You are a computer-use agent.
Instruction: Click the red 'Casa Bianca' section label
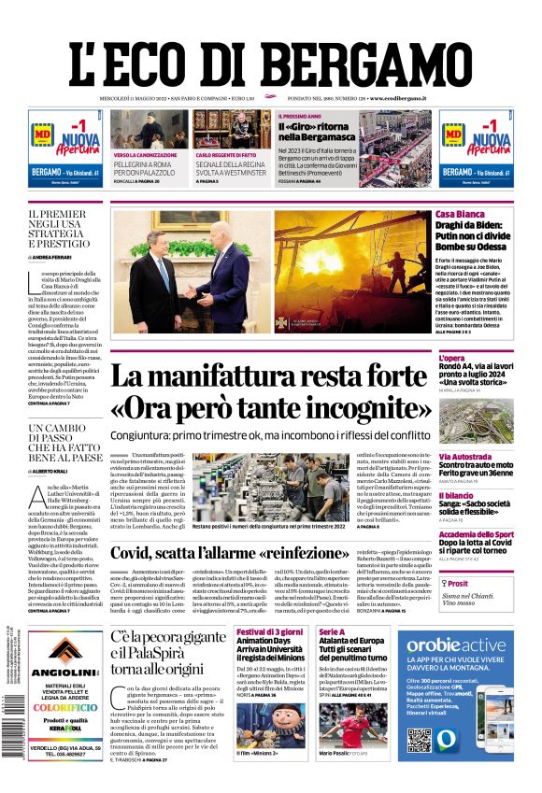460,216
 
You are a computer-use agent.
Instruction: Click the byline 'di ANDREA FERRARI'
52,255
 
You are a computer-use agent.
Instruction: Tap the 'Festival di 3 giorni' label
268,632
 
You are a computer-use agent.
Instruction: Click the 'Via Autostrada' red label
465,457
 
